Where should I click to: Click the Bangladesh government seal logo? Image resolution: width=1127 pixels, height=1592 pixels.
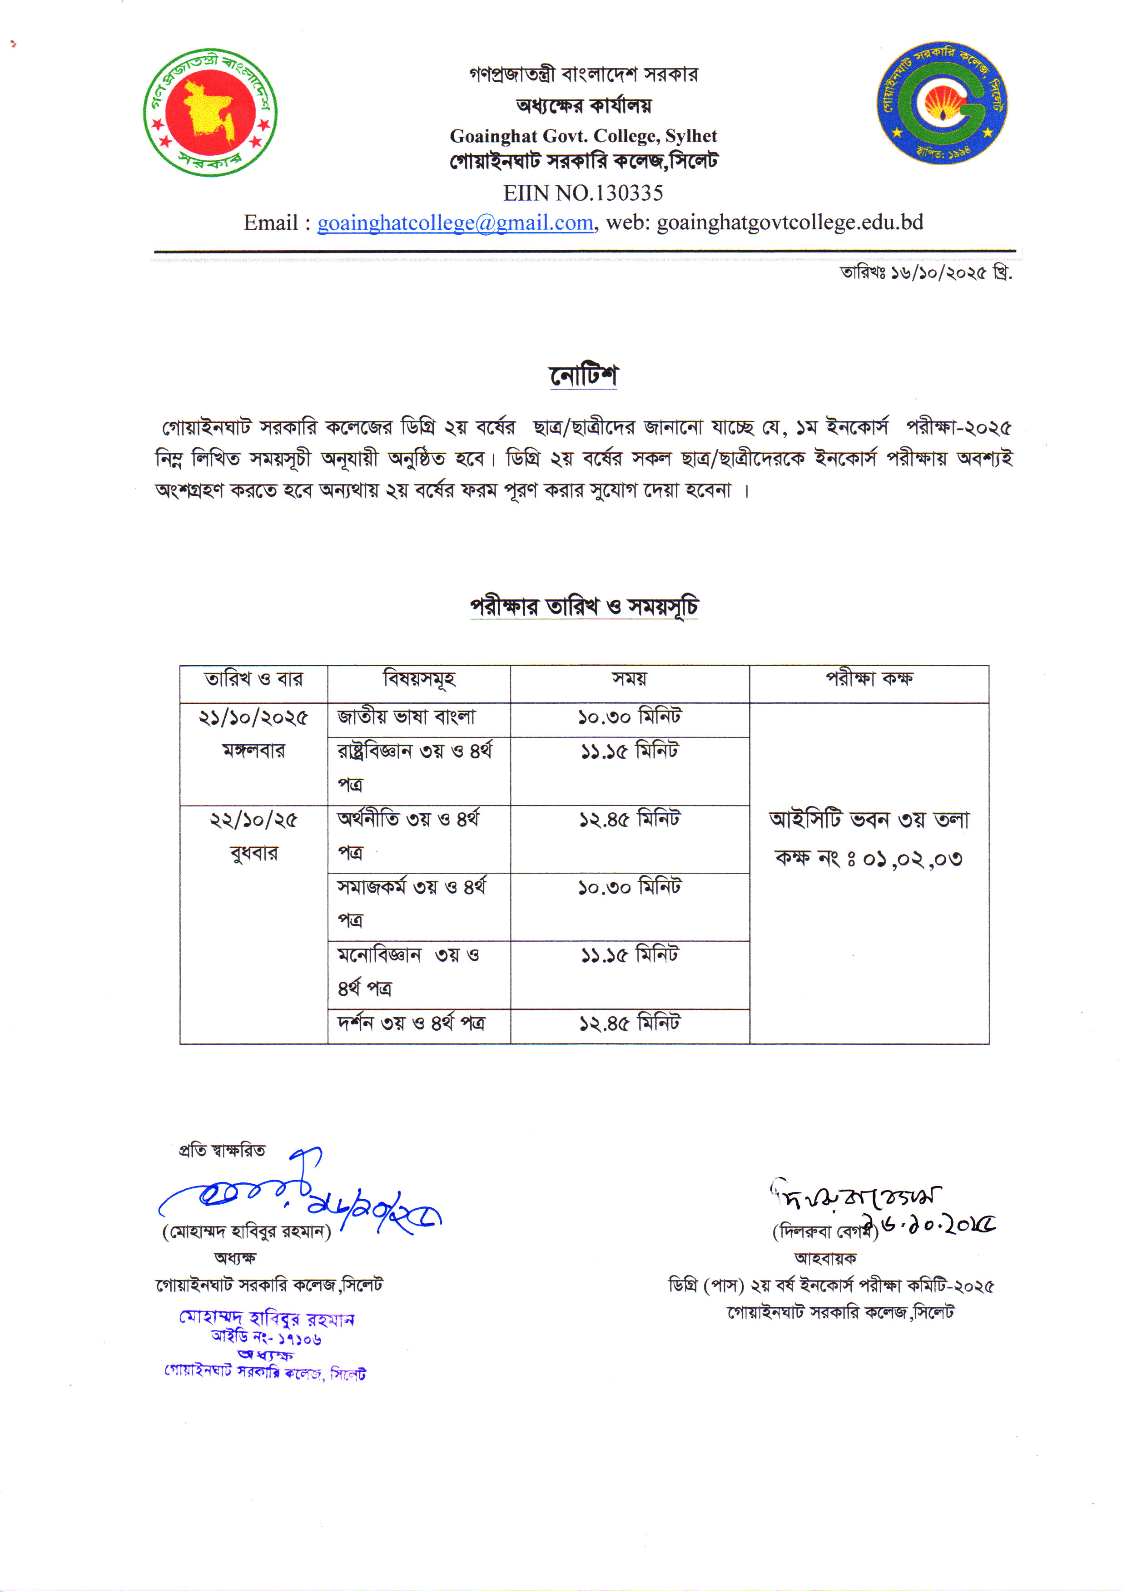(210, 112)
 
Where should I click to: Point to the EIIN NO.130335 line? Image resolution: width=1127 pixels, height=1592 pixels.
(583, 193)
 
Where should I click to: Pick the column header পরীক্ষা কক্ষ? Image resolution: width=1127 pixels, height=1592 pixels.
(869, 678)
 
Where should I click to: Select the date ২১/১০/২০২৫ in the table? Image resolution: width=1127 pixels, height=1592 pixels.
(253, 717)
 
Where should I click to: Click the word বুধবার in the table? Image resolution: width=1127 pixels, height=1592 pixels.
(253, 853)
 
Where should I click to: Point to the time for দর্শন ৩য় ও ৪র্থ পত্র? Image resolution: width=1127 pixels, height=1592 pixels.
(630, 1023)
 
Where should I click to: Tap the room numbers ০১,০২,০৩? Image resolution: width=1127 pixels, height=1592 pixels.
(913, 860)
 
